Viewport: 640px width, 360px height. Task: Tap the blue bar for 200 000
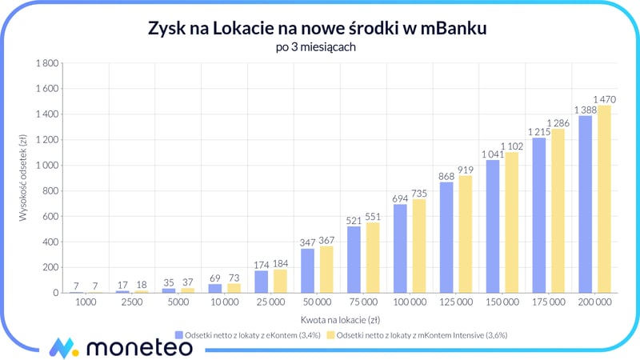(585, 204)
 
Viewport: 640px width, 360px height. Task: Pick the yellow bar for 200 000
(604, 199)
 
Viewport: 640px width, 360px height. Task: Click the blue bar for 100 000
(400, 248)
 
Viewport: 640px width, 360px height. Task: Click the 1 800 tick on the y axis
(45, 63)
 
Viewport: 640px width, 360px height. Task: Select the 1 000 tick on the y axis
(45, 166)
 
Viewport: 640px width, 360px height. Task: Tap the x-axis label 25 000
(270, 305)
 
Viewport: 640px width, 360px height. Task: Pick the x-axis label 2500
(131, 305)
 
